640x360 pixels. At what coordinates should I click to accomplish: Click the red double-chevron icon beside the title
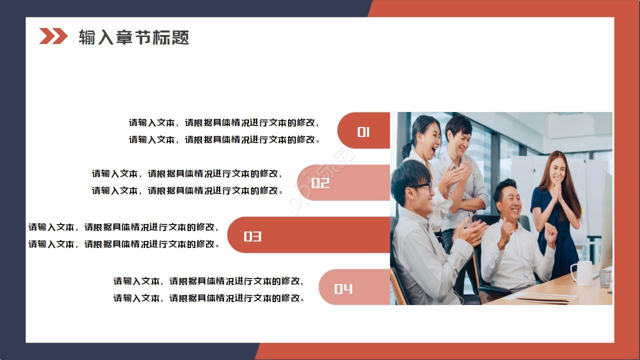pyautogui.click(x=53, y=36)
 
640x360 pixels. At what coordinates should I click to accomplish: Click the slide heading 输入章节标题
pyautogui.click(x=133, y=37)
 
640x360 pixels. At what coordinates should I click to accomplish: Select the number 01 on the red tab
pyautogui.click(x=363, y=131)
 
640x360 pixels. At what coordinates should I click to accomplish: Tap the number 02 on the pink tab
pyautogui.click(x=320, y=183)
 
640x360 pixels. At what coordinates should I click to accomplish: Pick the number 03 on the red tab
pyautogui.click(x=252, y=236)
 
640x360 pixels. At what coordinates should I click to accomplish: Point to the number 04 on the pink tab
pyautogui.click(x=343, y=288)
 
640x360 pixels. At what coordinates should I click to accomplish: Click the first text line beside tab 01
pyautogui.click(x=224, y=122)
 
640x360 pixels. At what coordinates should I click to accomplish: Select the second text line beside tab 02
pyautogui.click(x=187, y=190)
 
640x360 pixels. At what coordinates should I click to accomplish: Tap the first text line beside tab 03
pyautogui.click(x=123, y=227)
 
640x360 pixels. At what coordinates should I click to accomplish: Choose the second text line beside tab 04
pyautogui.click(x=209, y=298)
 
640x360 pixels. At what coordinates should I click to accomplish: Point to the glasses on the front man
pyautogui.click(x=421, y=187)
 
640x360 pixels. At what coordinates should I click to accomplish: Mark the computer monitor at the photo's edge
pyautogui.click(x=606, y=220)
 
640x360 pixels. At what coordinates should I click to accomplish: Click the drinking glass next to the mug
pyautogui.click(x=605, y=278)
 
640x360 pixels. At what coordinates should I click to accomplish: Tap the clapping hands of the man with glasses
pyautogui.click(x=470, y=231)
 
